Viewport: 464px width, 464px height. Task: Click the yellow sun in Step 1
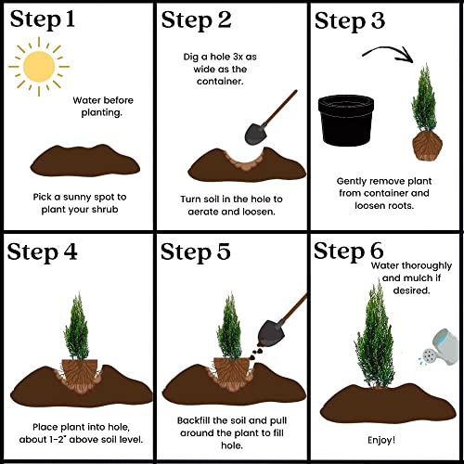pyautogui.click(x=39, y=67)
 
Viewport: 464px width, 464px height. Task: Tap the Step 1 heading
pyautogui.click(x=43, y=19)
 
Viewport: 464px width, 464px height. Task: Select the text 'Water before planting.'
pyautogui.click(x=103, y=107)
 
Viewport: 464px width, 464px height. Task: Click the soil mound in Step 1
pyautogui.click(x=85, y=161)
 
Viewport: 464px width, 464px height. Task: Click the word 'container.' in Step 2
pyautogui.click(x=220, y=82)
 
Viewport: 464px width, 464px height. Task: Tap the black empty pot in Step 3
pyautogui.click(x=346, y=121)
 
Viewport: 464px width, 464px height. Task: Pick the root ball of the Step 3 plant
pyautogui.click(x=427, y=146)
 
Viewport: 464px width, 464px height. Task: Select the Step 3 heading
pyautogui.click(x=350, y=21)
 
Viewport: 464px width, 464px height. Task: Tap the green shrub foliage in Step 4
pyautogui.click(x=77, y=328)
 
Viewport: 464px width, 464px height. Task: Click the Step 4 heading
pyautogui.click(x=42, y=252)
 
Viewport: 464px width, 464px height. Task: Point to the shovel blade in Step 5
pyautogui.click(x=269, y=331)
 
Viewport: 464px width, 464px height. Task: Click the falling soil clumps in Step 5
pyautogui.click(x=256, y=353)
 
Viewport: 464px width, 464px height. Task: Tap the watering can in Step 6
pyautogui.click(x=440, y=347)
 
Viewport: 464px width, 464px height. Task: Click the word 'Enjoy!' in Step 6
pyautogui.click(x=381, y=440)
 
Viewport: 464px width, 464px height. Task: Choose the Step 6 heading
pyautogui.click(x=349, y=251)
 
